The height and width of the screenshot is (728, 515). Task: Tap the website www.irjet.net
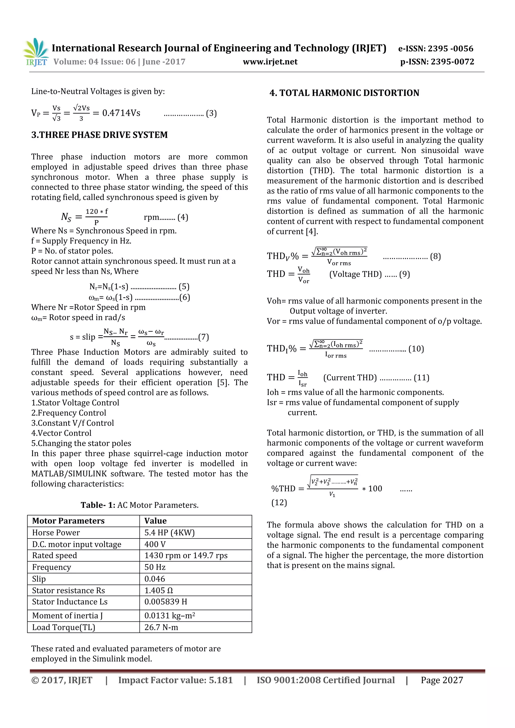click(270, 62)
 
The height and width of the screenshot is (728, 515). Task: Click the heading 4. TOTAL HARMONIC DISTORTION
click(344, 93)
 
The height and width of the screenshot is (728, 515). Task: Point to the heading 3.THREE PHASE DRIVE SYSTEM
click(99, 135)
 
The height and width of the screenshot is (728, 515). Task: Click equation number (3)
click(211, 114)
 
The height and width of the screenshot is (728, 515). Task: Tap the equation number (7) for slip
click(203, 337)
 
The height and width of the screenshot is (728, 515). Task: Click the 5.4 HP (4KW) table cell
click(169, 533)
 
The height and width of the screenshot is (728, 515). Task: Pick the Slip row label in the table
click(39, 579)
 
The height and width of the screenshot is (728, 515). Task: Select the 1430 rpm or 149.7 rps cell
click(186, 556)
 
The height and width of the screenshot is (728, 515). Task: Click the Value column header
click(155, 521)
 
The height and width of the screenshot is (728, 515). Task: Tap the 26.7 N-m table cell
click(161, 627)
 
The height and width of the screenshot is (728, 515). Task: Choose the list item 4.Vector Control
click(61, 433)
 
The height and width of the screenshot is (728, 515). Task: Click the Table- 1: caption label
click(98, 505)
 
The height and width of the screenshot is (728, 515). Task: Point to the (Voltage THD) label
click(355, 274)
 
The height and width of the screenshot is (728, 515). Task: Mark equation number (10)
click(416, 349)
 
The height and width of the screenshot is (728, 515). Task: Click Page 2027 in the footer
click(442, 680)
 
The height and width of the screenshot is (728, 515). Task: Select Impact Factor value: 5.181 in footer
click(176, 680)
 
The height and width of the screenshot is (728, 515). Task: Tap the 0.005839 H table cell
click(166, 602)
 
